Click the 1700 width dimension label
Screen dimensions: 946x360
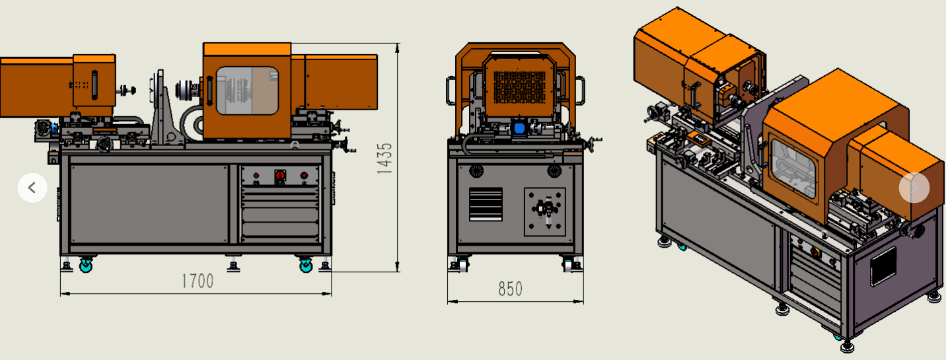(198, 281)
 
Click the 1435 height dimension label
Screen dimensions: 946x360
(384, 159)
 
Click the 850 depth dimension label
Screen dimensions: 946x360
(510, 289)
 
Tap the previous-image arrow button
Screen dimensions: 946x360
(32, 188)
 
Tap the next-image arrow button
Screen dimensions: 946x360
(914, 188)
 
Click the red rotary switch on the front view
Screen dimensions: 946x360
(280, 175)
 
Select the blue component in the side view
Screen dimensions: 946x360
(519, 128)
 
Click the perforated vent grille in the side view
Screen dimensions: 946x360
(519, 87)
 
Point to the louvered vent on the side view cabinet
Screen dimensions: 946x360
(486, 204)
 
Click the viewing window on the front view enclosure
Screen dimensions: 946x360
(247, 90)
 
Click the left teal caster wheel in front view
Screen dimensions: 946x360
(86, 266)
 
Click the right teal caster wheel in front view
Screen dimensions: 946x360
(306, 266)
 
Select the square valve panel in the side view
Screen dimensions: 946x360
(545, 212)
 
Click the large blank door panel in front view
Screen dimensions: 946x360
(149, 204)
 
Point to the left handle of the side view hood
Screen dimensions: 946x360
(451, 90)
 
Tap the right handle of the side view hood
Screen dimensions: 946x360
(580, 90)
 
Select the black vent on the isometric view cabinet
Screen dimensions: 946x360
(883, 266)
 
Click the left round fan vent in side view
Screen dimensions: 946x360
(476, 171)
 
